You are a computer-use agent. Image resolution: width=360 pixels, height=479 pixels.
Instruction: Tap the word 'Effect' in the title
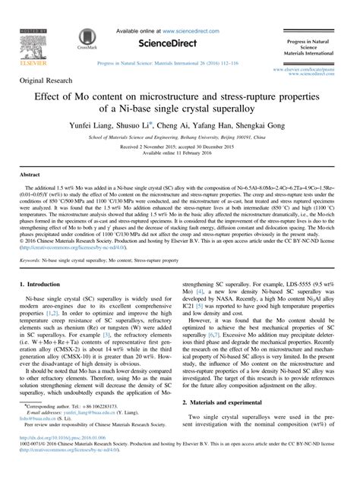[52, 98]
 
